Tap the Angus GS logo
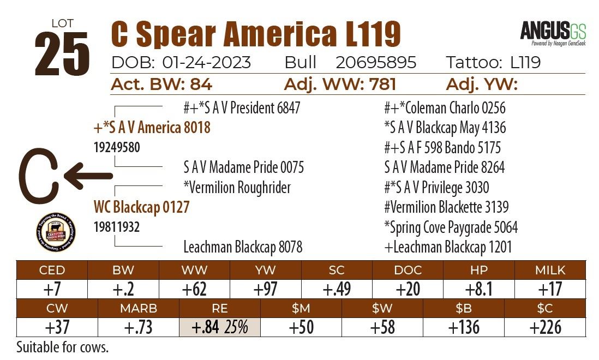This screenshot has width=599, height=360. [x=553, y=32]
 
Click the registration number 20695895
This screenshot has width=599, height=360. [x=376, y=63]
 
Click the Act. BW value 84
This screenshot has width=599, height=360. [x=201, y=85]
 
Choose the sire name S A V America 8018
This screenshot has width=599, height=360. [x=152, y=128]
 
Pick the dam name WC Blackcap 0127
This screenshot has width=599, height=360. [x=141, y=207]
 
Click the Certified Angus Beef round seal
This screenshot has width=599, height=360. [x=55, y=232]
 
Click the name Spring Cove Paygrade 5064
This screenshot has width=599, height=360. [x=451, y=227]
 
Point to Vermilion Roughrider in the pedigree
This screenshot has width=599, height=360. [x=237, y=188]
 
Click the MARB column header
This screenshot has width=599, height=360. [x=138, y=308]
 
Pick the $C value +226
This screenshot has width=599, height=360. [x=544, y=327]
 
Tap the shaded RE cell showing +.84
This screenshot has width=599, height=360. [x=220, y=327]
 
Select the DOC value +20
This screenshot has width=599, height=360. [x=407, y=289]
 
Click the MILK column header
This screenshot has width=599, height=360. [x=550, y=270]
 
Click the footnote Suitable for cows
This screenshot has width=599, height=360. [x=63, y=347]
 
